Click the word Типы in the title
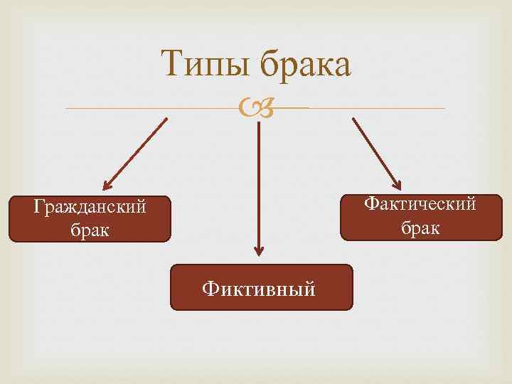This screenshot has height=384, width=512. click(x=206, y=66)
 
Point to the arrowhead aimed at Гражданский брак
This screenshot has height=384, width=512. click(x=107, y=184)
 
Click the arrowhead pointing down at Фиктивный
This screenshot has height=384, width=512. click(x=259, y=250)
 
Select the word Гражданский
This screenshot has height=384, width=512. click(x=90, y=208)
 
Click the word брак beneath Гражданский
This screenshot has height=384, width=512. click(x=90, y=230)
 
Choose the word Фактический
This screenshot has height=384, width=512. click(x=420, y=205)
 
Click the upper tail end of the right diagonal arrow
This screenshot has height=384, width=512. click(x=354, y=119)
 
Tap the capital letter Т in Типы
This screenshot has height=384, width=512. click(x=171, y=65)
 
